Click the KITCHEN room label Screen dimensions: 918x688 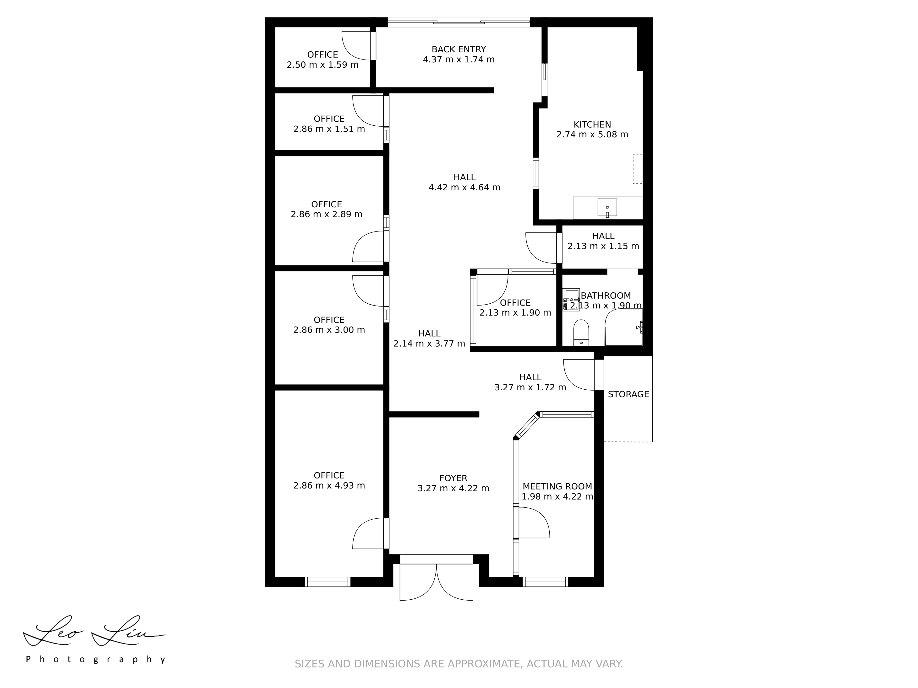(592, 124)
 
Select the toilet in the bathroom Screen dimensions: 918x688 (581, 333)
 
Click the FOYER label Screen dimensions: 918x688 (453, 478)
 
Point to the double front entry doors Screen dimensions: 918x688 (436, 582)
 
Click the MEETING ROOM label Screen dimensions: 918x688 (557, 486)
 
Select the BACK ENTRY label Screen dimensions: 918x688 (459, 49)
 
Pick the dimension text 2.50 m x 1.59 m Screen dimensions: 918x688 (322, 65)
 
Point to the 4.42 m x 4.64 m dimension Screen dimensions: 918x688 (464, 188)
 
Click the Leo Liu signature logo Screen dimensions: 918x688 (94, 631)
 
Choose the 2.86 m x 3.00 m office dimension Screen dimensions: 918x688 (329, 330)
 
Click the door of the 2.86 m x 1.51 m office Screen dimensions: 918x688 (368, 111)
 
